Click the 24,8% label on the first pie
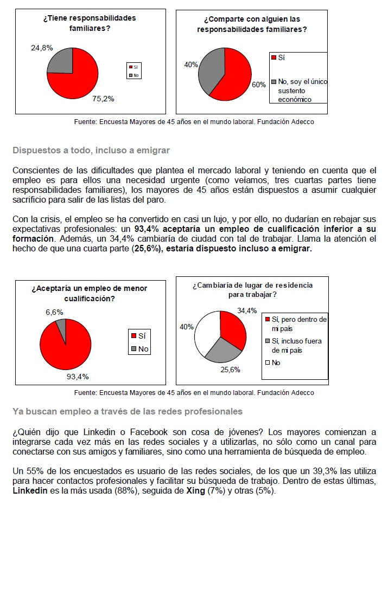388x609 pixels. tap(42, 48)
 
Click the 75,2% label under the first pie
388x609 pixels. tap(103, 99)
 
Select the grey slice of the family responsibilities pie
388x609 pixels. tap(61, 61)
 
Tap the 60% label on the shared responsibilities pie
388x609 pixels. tap(259, 85)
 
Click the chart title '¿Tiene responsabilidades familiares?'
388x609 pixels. tap(90, 22)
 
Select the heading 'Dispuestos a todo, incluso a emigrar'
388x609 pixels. tap(91, 150)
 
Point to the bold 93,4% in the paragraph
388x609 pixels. tap(146, 229)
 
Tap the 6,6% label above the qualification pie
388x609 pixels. tap(54, 312)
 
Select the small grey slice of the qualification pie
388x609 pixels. tap(61, 325)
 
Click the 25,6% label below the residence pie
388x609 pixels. tap(230, 370)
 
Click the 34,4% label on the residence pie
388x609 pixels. tap(247, 310)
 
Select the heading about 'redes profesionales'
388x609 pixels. tap(127, 412)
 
